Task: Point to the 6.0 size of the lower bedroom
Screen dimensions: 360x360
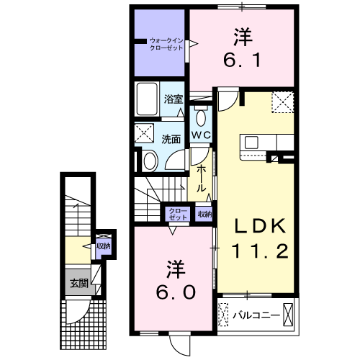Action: coord(172,292)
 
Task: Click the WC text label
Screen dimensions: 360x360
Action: coord(200,135)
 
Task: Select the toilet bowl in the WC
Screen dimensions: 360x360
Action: coord(201,117)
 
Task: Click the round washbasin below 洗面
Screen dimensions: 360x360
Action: coord(149,160)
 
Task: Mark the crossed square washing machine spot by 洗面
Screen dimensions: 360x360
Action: coord(144,134)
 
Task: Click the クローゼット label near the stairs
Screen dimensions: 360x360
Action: coord(177,214)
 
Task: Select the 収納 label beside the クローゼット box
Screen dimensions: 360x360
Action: coord(204,214)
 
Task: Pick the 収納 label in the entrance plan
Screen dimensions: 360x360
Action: coord(104,246)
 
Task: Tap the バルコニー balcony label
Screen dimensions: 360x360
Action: coord(251,315)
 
